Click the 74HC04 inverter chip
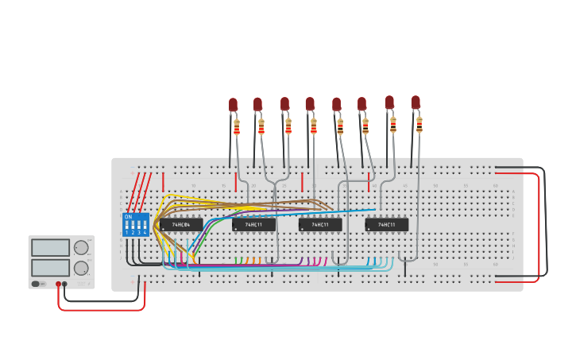click(181, 225)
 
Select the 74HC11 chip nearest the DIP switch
click(253, 225)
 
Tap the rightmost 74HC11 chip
click(387, 225)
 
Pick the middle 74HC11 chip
click(320, 225)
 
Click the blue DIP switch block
click(136, 224)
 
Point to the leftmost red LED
click(233, 104)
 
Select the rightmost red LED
click(416, 103)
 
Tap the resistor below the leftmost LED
click(237, 126)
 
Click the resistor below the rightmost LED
click(419, 124)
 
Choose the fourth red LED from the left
click(310, 103)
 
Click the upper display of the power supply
click(50, 248)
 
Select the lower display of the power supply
click(50, 269)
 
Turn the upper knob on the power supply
click(81, 248)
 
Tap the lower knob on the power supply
click(81, 269)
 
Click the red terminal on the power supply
click(58, 284)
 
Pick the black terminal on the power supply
click(65, 284)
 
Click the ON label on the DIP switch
click(128, 216)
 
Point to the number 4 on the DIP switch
click(145, 233)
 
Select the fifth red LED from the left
click(336, 104)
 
